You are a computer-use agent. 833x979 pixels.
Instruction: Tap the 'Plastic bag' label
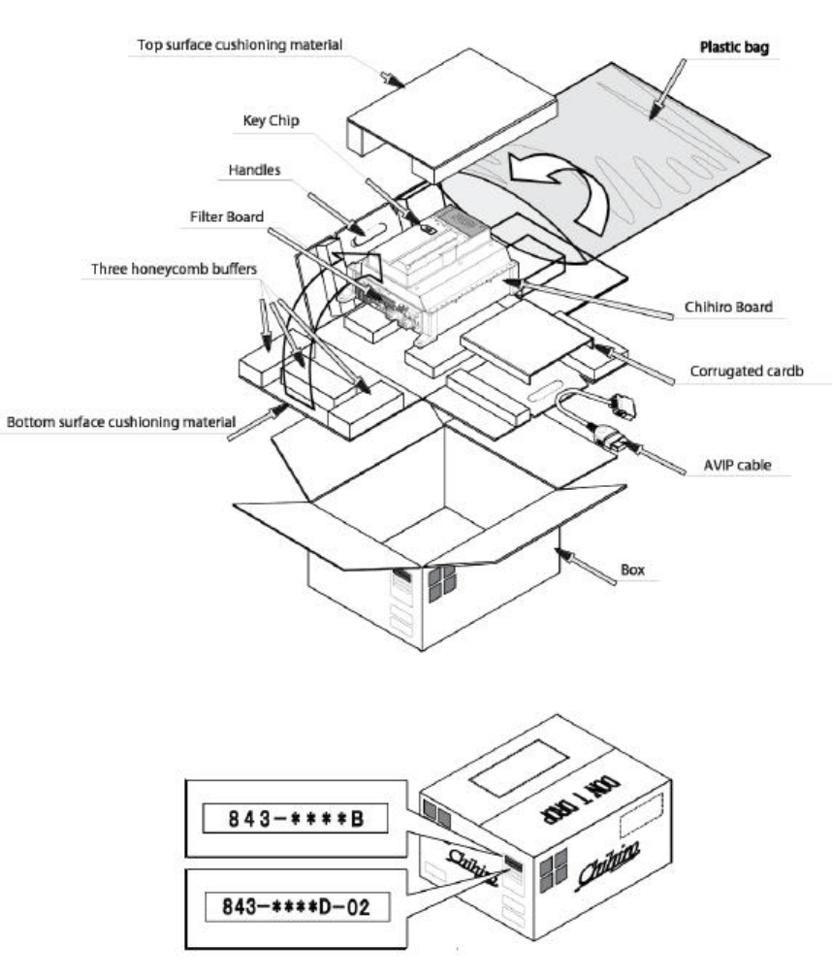[x=734, y=47]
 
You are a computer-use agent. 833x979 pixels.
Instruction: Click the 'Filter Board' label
[x=228, y=217]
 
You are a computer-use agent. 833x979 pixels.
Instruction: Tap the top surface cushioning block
[x=450, y=114]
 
